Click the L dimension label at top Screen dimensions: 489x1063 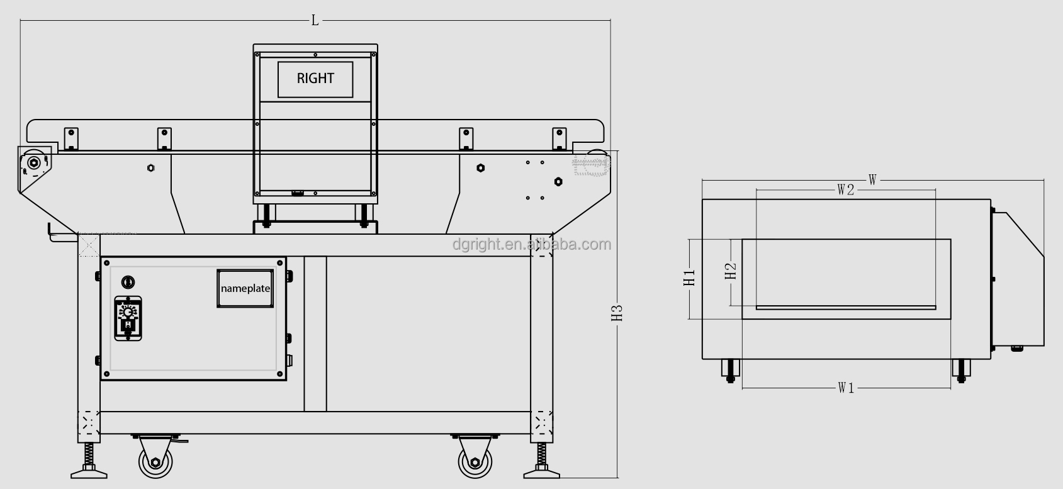[x=315, y=21]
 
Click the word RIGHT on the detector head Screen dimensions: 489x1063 [x=315, y=79]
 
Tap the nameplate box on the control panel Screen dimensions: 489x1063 [x=245, y=288]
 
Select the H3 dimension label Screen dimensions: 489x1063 [x=617, y=313]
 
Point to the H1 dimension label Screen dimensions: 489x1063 [x=690, y=278]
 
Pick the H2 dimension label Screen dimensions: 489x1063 [x=730, y=271]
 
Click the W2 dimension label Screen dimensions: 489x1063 [x=845, y=190]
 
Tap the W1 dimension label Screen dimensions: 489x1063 [x=846, y=388]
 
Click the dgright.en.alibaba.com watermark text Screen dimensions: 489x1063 [x=531, y=245]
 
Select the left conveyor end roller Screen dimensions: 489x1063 [x=33, y=162]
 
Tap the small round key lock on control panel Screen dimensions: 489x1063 [x=128, y=282]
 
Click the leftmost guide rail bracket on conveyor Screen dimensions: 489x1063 [x=71, y=138]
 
